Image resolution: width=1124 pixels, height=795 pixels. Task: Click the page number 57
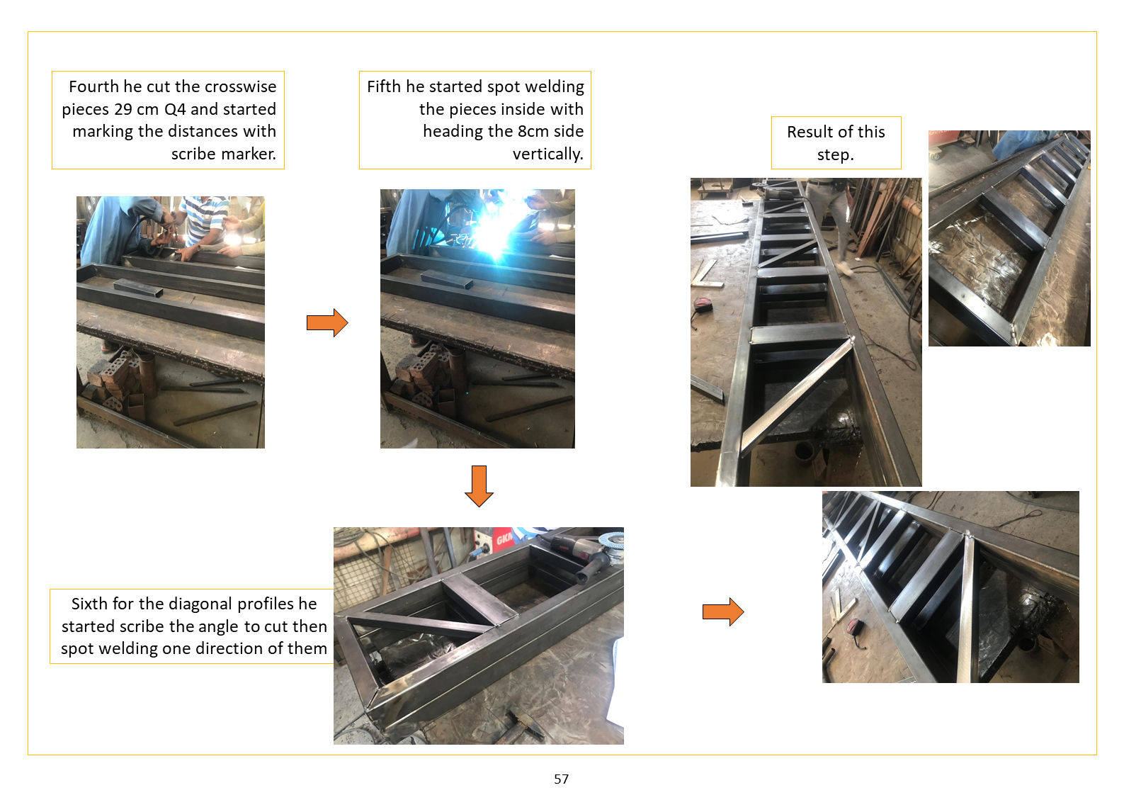[x=561, y=779]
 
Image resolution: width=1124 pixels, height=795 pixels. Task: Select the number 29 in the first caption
[x=123, y=109]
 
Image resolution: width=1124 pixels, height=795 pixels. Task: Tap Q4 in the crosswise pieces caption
[x=175, y=109]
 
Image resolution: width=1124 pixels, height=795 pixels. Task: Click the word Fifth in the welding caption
[x=384, y=86]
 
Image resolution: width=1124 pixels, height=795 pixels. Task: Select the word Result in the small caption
[x=808, y=132]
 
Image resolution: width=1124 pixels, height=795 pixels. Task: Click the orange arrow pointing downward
[x=479, y=486]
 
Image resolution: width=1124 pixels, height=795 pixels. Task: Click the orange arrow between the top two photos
[x=327, y=322]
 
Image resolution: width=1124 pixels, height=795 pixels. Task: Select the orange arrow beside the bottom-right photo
[x=723, y=611]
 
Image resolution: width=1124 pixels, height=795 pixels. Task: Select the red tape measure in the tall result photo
[x=700, y=303]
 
